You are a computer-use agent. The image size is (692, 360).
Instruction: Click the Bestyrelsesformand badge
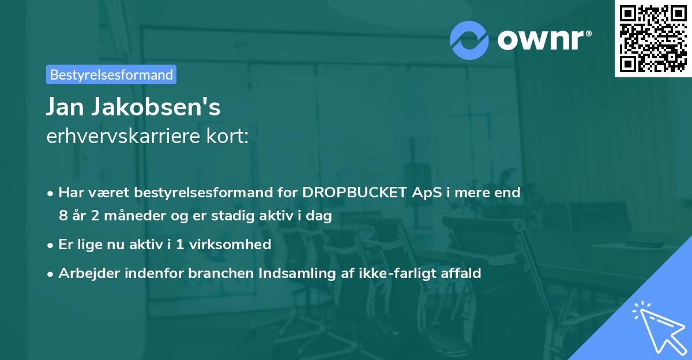point(111,74)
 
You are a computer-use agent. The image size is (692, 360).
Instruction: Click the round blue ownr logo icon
point(469,40)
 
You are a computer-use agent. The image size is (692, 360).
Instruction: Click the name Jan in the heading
point(66,107)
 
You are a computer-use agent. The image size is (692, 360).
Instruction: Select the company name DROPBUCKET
point(353,193)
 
